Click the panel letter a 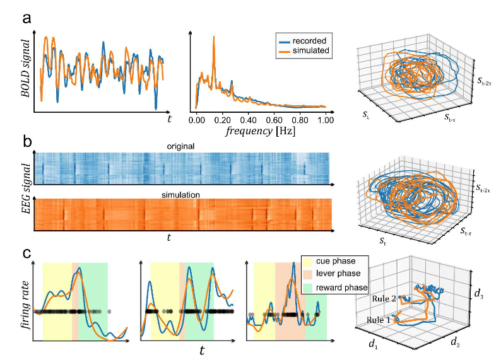tap(28, 18)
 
